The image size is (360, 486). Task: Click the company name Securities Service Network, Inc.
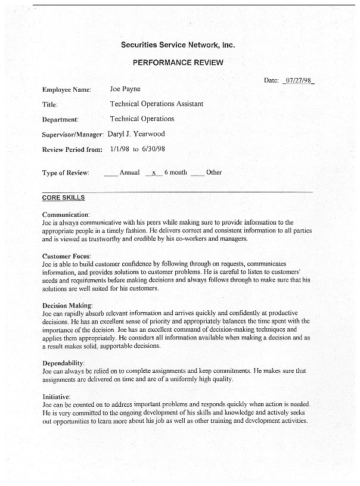[x=178, y=45]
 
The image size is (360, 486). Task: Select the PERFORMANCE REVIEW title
[x=178, y=63]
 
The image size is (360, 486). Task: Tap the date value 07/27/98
[x=300, y=80]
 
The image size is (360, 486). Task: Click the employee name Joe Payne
[x=125, y=89]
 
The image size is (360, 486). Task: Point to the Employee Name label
[x=66, y=90]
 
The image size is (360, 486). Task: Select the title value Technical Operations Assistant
[x=156, y=104]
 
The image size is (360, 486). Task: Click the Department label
[x=60, y=120]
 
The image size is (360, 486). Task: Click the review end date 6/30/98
[x=153, y=149]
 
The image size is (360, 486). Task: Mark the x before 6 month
[x=154, y=173]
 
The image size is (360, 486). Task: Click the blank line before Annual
[x=110, y=174]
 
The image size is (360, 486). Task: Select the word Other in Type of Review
[x=214, y=173]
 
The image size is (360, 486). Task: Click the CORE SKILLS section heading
[x=63, y=198]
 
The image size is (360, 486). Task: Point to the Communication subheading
[x=66, y=214]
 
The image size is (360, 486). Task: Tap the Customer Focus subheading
[x=66, y=256]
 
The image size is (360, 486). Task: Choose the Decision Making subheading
[x=67, y=306]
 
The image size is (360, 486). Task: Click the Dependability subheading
[x=63, y=363]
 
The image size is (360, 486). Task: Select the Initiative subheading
[x=57, y=396]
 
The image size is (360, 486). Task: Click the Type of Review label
[x=66, y=173]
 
